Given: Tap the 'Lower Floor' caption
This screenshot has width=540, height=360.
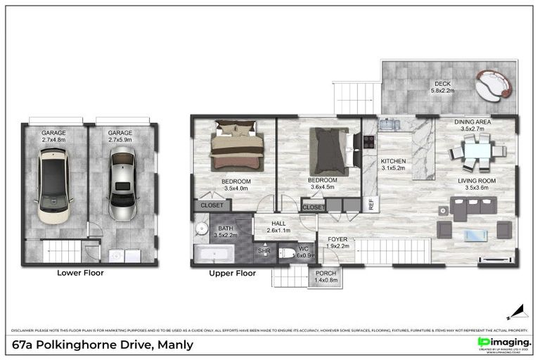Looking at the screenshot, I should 80,273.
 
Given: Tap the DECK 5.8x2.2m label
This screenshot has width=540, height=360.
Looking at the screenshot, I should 444,86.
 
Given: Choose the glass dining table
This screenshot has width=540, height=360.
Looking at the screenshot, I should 477,152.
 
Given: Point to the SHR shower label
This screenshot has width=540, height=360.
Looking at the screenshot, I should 263,251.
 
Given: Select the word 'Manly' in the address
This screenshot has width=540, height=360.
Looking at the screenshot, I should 176,345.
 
